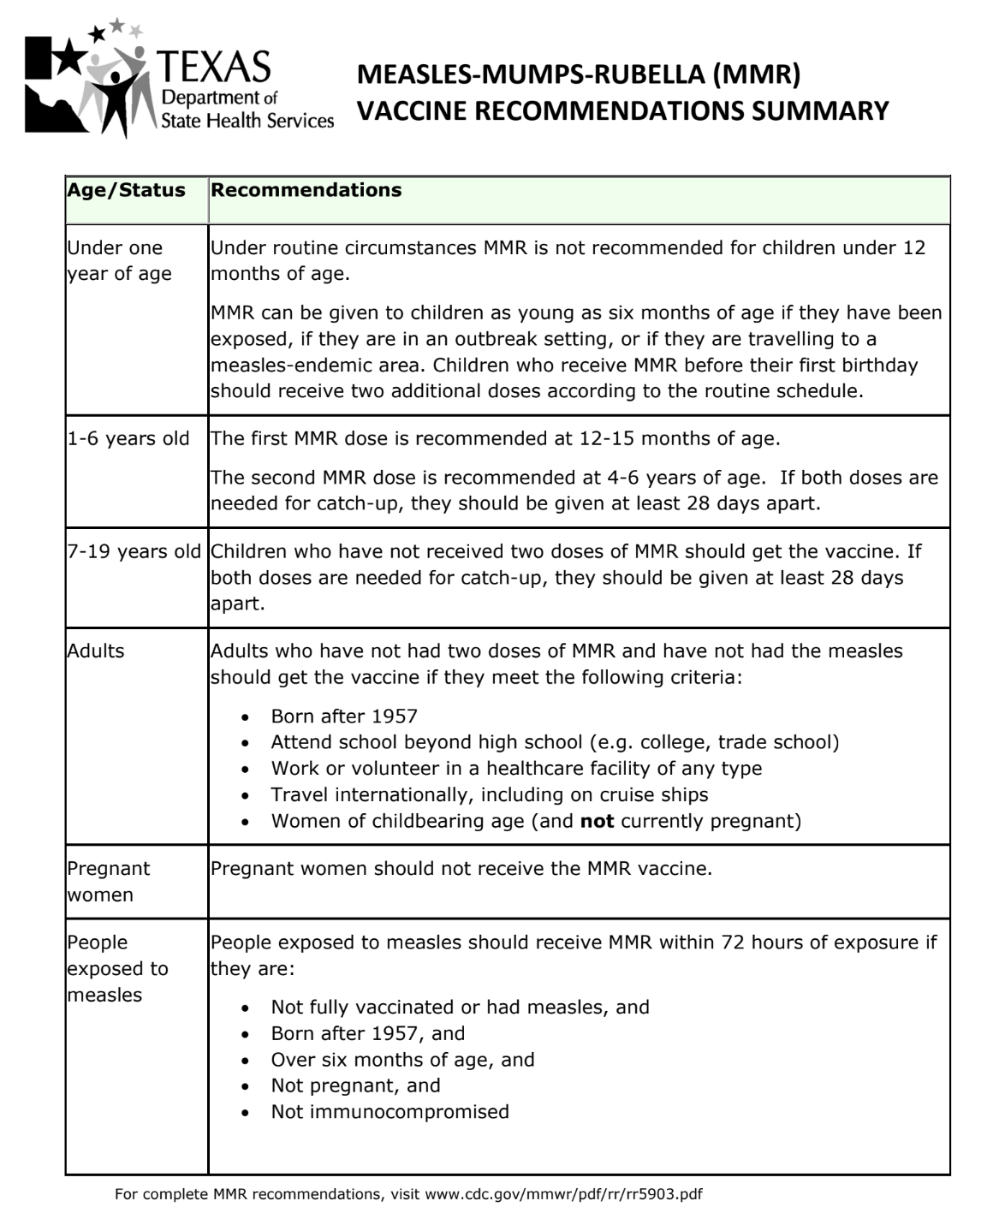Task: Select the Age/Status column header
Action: (126, 190)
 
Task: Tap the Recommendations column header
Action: (306, 190)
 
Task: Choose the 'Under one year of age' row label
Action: (119, 260)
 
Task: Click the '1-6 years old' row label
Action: (128, 439)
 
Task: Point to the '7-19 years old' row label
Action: (134, 552)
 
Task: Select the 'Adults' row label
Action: (96, 651)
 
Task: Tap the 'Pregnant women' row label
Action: (108, 882)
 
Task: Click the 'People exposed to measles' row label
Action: (117, 968)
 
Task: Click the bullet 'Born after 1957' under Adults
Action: (344, 717)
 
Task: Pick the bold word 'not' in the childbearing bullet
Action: (597, 822)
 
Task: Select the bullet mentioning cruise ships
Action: (490, 795)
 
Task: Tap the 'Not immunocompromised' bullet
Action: (390, 1112)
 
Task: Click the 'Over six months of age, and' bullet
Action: (402, 1060)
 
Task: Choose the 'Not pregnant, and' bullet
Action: (355, 1085)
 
